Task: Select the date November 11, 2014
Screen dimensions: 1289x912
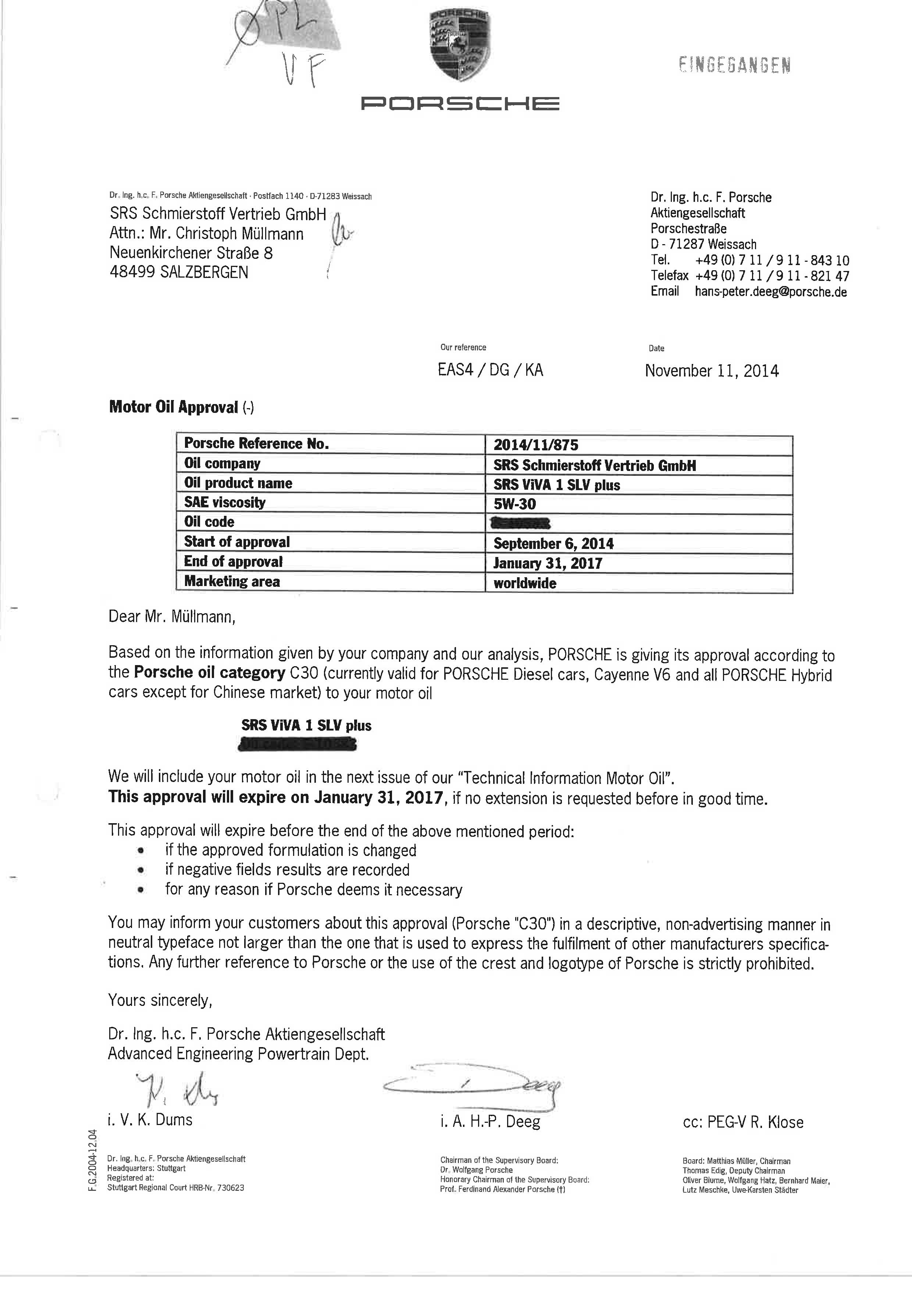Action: (712, 371)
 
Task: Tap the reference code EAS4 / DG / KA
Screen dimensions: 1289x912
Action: (490, 370)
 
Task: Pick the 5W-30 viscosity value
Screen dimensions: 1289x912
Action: (514, 504)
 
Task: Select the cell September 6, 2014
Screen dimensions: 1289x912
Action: (553, 543)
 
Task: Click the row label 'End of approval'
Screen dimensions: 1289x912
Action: (233, 561)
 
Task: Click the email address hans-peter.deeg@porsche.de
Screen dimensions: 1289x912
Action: (770, 292)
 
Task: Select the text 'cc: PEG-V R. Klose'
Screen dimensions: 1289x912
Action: (743, 1122)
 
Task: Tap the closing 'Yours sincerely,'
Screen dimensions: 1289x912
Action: (160, 1000)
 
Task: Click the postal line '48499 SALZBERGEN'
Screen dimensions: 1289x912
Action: (179, 272)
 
